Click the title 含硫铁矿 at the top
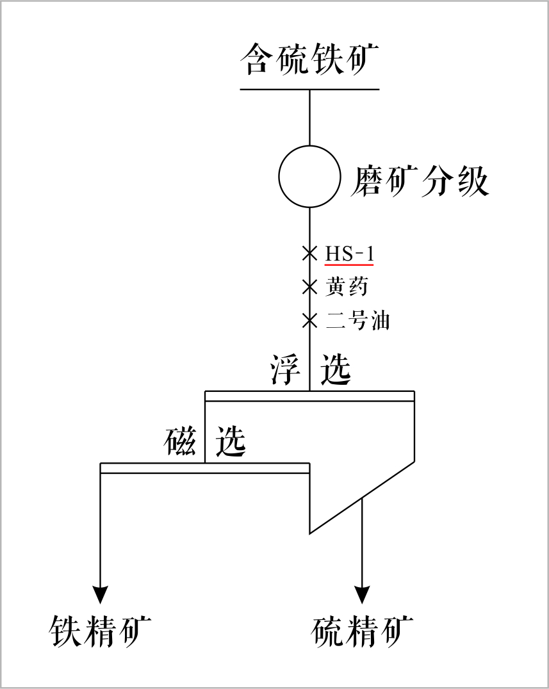tap(309, 60)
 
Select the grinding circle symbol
tap(309, 177)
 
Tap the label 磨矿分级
tap(420, 181)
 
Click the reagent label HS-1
tap(349, 254)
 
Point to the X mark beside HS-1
tap(310, 253)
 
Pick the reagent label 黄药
tap(347, 286)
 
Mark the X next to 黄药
tap(310, 286)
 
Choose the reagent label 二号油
tap(357, 320)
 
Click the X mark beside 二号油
tap(310, 319)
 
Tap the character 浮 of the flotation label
tap(285, 369)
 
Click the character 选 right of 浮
tap(336, 369)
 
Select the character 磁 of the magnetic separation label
tap(180, 441)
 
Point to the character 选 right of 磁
tap(231, 441)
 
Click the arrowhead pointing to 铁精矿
tap(101, 594)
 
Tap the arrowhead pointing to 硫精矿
tap(363, 594)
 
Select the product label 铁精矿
tap(101, 631)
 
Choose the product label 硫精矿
tap(363, 631)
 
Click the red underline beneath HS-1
tap(349, 264)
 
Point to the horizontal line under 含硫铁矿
tap(309, 89)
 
